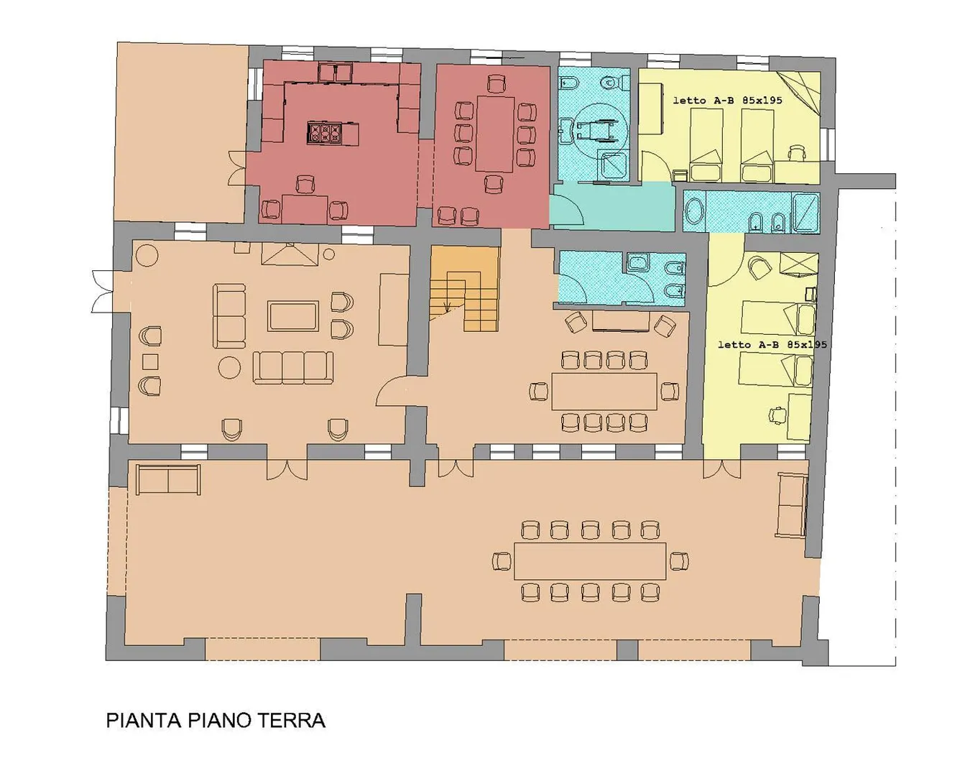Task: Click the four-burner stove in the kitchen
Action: click(x=325, y=132)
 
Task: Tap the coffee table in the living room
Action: click(x=292, y=316)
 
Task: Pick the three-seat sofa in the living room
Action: click(x=292, y=366)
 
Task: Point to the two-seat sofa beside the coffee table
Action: click(x=229, y=316)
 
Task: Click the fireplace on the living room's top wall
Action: click(x=290, y=254)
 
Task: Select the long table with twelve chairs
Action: click(x=590, y=561)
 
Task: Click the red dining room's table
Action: click(x=494, y=134)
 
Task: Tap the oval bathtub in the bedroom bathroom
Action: click(x=695, y=213)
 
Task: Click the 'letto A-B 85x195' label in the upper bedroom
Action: click(x=727, y=100)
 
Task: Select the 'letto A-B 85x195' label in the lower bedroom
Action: click(x=772, y=344)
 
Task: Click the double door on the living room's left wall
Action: click(x=102, y=291)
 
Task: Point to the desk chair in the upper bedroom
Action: click(x=797, y=153)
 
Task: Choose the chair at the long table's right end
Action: click(x=678, y=561)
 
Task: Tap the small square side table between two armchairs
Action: click(x=150, y=361)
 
